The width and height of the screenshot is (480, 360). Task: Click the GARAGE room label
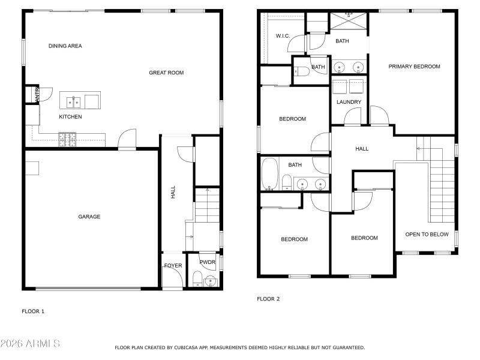tap(89, 217)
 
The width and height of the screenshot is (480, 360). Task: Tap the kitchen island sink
tap(74, 101)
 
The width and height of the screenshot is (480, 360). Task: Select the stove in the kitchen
tap(68, 140)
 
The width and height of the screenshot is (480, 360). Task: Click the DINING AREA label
tap(65, 46)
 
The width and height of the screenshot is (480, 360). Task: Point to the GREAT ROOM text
tap(166, 73)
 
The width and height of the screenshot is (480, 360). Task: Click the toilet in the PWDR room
tap(197, 278)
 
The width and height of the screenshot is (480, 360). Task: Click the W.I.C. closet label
tap(283, 36)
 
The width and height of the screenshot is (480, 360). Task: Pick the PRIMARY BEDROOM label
tap(414, 67)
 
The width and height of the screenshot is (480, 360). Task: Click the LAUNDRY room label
tap(349, 102)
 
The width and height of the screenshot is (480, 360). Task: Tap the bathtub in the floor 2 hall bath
tap(269, 174)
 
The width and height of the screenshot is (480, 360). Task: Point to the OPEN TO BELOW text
tap(427, 234)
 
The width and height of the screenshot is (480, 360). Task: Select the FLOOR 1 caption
tap(33, 311)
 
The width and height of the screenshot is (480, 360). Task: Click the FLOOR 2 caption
tap(268, 298)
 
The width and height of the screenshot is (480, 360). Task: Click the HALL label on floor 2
tap(362, 149)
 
